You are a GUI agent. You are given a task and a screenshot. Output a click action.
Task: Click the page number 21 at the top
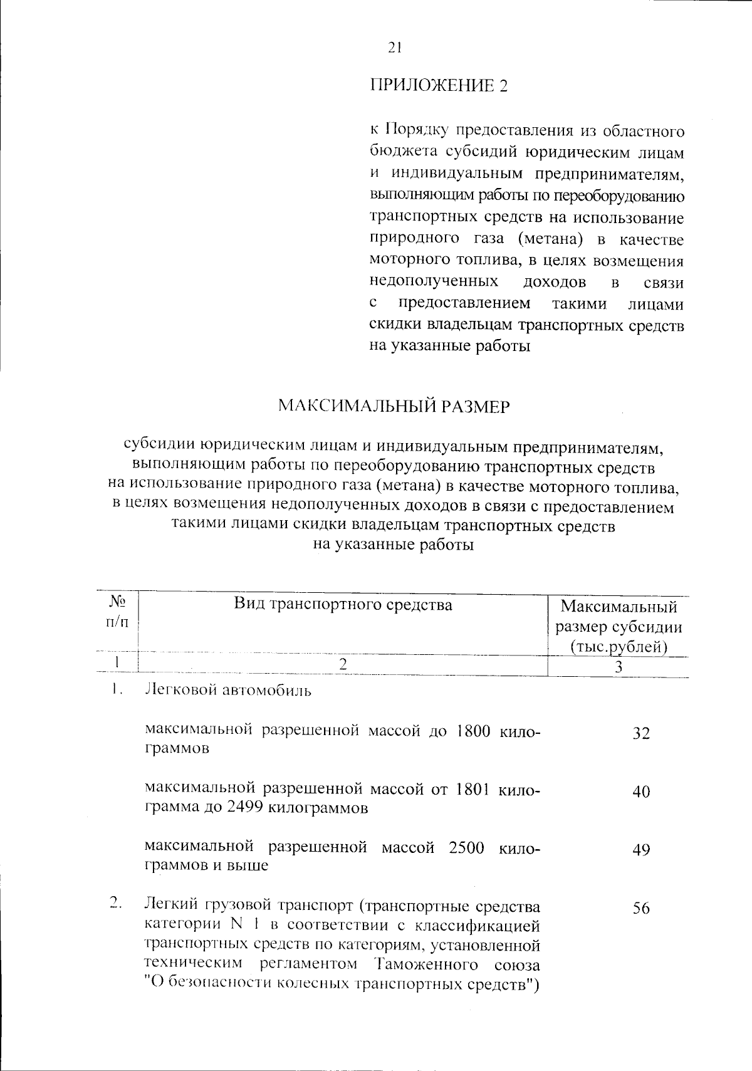tap(395, 48)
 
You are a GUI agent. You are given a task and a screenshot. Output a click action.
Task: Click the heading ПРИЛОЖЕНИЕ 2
tap(438, 86)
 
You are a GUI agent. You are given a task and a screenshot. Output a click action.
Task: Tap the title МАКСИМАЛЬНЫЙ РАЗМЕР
tap(394, 407)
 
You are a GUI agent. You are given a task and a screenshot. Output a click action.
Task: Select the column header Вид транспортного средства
tap(343, 605)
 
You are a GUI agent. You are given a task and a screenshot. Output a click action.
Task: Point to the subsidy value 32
tap(641, 733)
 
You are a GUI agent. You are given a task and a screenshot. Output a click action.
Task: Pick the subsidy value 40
tap(641, 791)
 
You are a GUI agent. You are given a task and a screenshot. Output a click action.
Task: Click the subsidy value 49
tap(641, 850)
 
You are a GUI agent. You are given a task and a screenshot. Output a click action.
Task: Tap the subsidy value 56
tap(641, 908)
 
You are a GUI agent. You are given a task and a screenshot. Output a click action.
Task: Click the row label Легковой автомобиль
tap(228, 691)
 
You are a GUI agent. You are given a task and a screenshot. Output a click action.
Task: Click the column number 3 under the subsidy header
tap(618, 668)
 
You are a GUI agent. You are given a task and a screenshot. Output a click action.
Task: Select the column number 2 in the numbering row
tap(343, 665)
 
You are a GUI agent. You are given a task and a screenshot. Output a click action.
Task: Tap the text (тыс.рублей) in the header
tap(618, 647)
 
